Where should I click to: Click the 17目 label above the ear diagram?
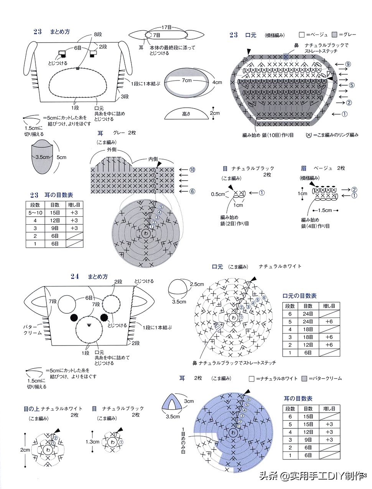[166, 28]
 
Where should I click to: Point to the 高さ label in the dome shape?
[186, 114]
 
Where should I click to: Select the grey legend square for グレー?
[335, 35]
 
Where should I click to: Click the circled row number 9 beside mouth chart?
[348, 64]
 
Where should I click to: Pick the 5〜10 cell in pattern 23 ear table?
[35, 212]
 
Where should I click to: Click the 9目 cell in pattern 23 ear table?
[55, 228]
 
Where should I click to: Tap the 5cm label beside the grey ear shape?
[61, 157]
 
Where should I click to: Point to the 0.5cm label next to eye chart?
[217, 194]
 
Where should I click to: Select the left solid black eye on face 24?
[74, 318]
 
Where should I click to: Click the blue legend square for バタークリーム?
[304, 378]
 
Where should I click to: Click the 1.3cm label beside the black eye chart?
[92, 442]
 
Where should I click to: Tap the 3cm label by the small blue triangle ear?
[189, 401]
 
